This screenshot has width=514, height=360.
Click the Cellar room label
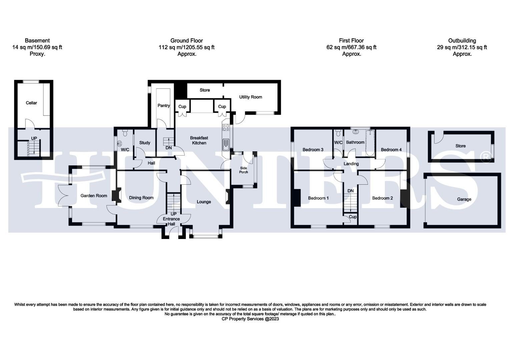[x=31, y=103]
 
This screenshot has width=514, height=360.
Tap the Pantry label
[x=163, y=106]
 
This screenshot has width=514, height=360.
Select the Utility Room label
[x=250, y=97]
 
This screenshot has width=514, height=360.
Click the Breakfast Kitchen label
[x=199, y=140]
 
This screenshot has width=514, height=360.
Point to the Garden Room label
[x=94, y=196]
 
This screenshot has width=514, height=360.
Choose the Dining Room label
[x=141, y=198]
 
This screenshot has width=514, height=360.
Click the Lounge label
[x=203, y=202]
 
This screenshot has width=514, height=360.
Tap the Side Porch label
[x=243, y=170]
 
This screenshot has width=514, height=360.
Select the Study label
[x=144, y=143]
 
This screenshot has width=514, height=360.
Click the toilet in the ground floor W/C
[x=125, y=133]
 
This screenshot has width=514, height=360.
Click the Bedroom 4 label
[x=391, y=150]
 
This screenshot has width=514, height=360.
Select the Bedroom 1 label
[x=318, y=198]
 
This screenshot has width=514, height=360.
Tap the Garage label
[x=464, y=199]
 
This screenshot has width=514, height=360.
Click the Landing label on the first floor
[x=351, y=164]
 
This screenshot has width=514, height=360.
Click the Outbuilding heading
[x=462, y=41]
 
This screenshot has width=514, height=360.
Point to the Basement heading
[x=37, y=41]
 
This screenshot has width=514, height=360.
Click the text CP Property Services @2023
[x=250, y=319]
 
